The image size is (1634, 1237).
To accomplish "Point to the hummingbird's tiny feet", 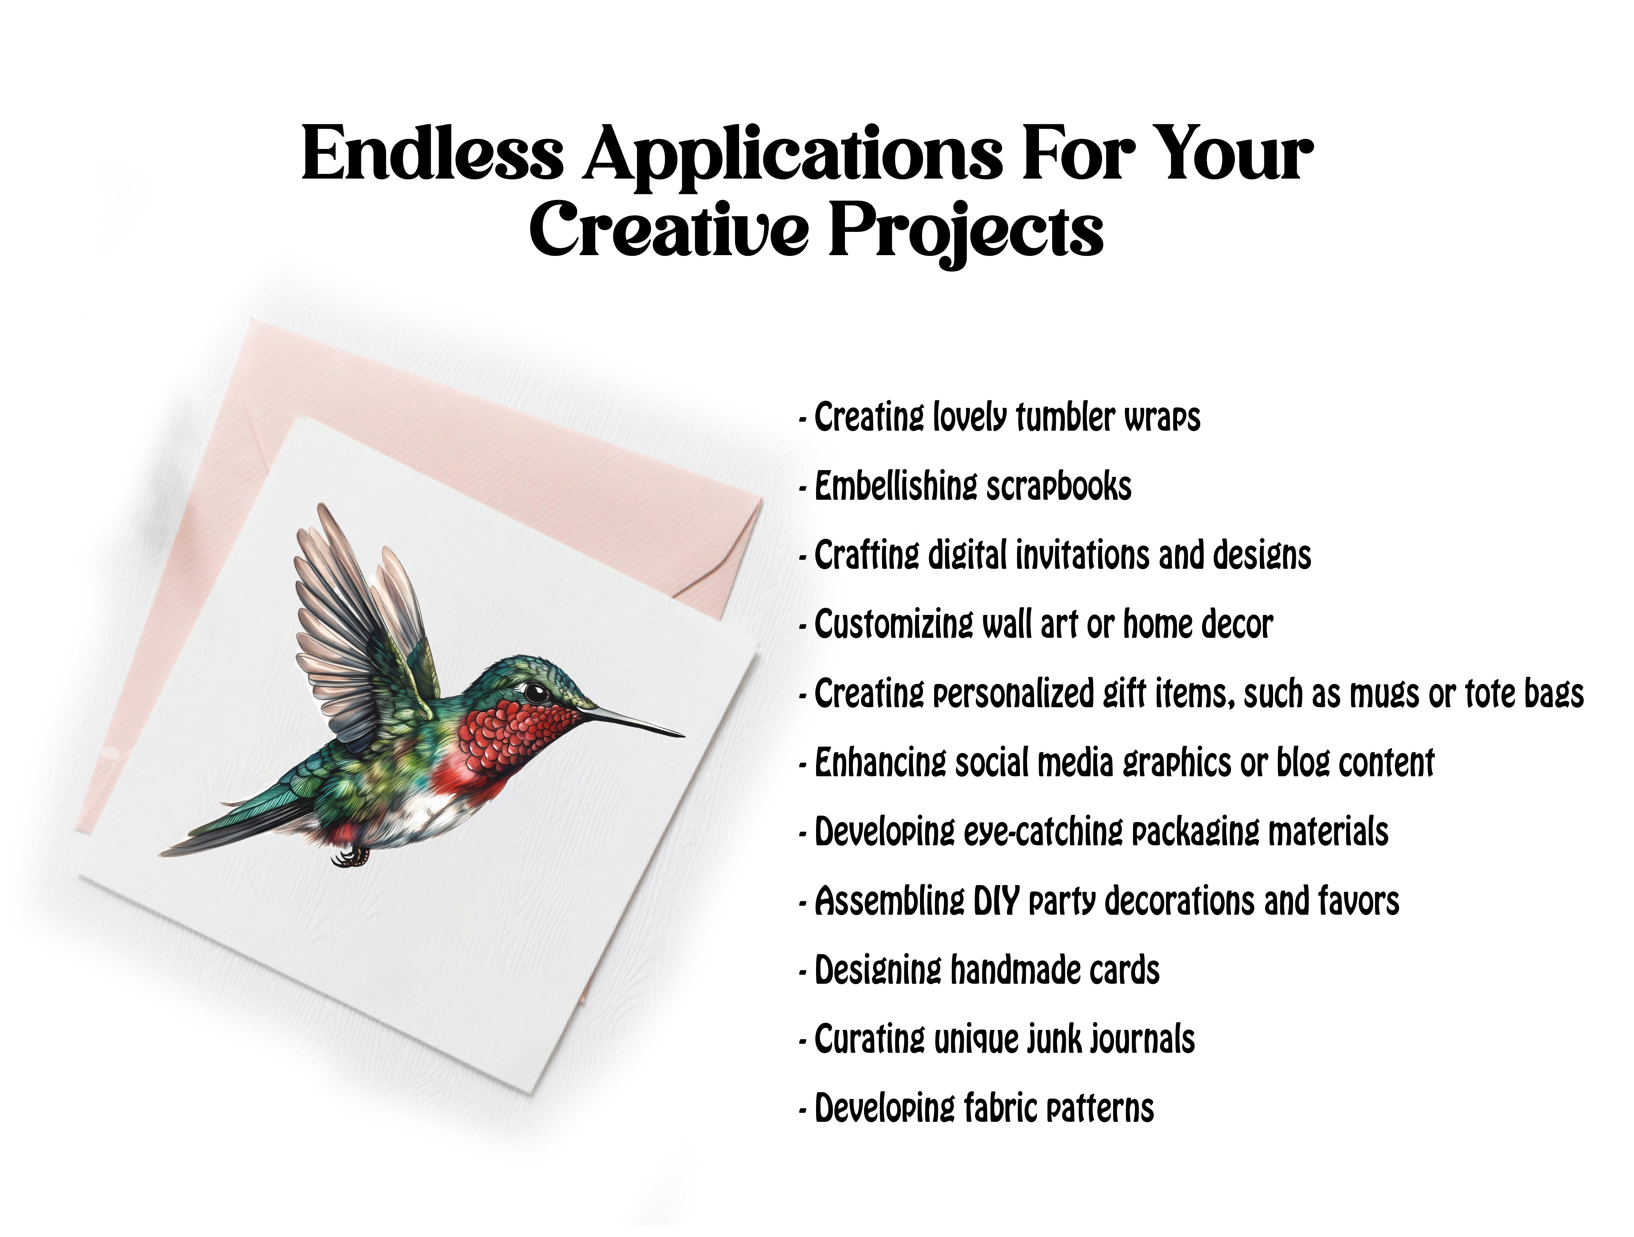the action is (x=350, y=857).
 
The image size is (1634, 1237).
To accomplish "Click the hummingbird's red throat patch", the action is (x=510, y=738).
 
